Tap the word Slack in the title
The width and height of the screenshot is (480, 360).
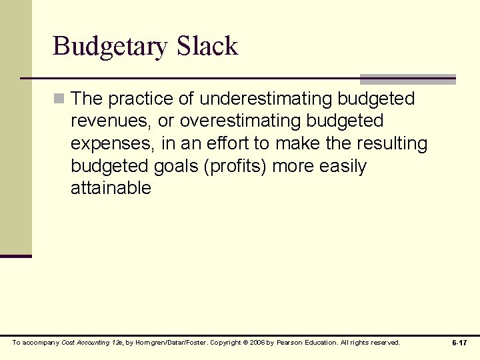pos(207,45)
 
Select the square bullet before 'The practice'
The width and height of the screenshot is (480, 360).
pos(59,99)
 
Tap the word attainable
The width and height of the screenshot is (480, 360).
pos(111,188)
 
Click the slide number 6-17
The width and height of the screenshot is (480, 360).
pos(459,343)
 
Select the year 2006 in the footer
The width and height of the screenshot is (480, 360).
pos(259,343)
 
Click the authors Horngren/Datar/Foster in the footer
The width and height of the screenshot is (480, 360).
pos(169,343)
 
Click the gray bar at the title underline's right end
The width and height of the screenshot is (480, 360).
pos(408,79)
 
